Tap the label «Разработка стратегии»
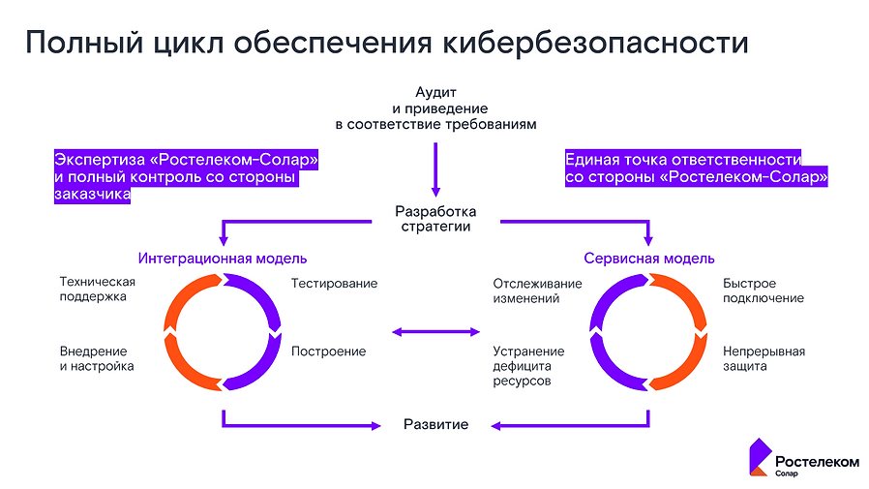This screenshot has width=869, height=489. pos(435,219)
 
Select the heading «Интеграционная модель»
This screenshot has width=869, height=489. pos(223,259)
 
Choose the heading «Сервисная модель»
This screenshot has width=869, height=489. pos(649,259)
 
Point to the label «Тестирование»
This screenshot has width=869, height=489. pos(334,284)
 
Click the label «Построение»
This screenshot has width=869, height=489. pos(328,351)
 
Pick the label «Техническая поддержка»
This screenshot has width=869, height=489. pos(97,290)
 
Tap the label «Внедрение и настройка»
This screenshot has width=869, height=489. pos(97,358)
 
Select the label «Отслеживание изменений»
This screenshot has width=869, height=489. pos(537,290)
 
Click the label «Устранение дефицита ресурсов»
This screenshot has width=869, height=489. pos(528,366)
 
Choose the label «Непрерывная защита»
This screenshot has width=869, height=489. pos(764,358)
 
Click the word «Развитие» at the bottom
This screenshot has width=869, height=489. pos(435,425)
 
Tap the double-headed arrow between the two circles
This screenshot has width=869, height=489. pos(435,333)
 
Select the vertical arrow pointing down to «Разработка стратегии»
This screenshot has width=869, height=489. pos(435,169)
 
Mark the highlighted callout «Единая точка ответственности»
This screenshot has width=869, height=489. pos(696,168)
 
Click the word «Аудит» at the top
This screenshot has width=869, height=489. pos(435,93)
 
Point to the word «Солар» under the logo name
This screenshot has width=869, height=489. pos(787,474)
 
